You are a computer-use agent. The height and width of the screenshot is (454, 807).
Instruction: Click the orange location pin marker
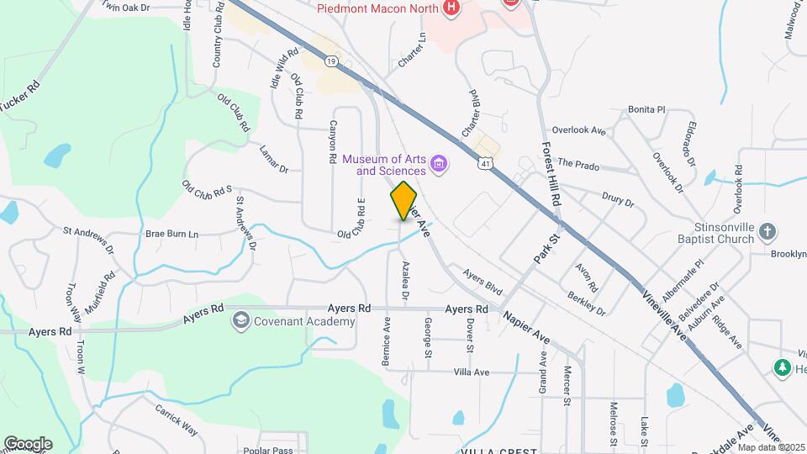tap(404, 201)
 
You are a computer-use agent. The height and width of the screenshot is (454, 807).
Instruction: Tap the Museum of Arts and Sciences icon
tap(438, 163)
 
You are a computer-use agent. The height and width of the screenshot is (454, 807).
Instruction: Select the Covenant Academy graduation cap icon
tap(242, 321)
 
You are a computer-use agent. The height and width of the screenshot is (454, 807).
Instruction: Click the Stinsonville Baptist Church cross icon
tap(767, 230)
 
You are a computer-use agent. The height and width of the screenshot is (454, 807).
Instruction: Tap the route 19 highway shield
tap(333, 61)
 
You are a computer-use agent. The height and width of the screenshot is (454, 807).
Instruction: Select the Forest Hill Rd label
tap(551, 173)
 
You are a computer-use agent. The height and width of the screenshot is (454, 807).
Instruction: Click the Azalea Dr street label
tap(405, 281)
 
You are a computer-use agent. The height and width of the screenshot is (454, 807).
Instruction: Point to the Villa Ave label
tap(471, 371)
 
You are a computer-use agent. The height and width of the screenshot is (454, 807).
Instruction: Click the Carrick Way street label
tap(176, 420)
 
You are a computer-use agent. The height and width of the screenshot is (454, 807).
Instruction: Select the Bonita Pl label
tap(646, 110)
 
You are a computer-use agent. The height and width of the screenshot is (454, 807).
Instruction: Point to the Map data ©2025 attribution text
tap(769, 446)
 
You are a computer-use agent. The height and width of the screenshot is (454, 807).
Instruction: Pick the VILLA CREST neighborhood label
tap(498, 451)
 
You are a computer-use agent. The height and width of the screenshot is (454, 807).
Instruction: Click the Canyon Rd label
tap(333, 140)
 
